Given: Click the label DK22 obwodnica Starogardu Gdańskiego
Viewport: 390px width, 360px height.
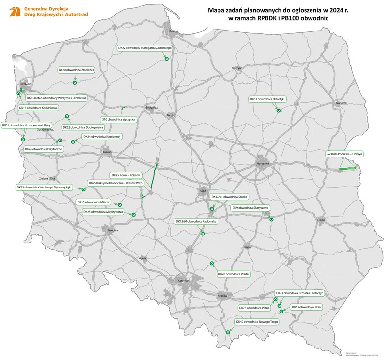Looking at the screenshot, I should [x=145, y=48].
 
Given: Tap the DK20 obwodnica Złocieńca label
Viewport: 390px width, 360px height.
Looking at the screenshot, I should [x=76, y=70].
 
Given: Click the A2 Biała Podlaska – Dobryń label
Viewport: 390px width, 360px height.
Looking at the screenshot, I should [x=344, y=154].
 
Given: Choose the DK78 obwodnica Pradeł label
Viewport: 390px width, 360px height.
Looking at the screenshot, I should [x=234, y=274].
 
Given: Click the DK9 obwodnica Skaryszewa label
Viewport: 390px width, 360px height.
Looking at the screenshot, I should [x=250, y=208].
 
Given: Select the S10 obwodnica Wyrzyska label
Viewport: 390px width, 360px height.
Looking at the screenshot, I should [x=119, y=119].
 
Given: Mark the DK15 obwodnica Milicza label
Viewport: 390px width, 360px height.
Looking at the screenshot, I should [x=94, y=202].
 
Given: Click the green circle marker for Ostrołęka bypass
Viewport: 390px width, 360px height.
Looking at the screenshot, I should [x=278, y=111].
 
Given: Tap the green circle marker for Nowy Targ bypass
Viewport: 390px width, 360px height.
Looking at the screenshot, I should [x=228, y=332].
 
